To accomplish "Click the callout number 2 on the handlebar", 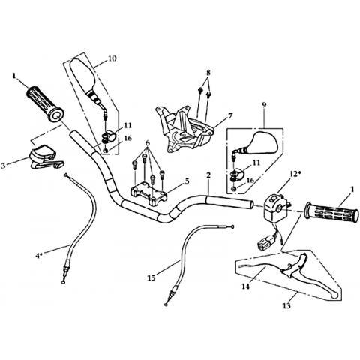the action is (208, 175).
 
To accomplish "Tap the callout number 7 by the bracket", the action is (230, 115).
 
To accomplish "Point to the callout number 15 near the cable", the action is (152, 277).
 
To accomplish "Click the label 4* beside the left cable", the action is (39, 256).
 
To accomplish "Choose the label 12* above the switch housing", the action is (295, 173).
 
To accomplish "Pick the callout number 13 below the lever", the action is (287, 305).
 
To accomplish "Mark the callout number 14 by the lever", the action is (246, 286).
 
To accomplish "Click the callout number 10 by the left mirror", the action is (112, 58).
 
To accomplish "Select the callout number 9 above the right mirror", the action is (264, 105).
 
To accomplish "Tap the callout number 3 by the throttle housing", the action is (3, 166).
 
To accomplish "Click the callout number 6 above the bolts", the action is (148, 143).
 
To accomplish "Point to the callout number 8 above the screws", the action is (208, 73).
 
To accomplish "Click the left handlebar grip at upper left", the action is (45, 104).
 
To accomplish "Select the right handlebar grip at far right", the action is (332, 213).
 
